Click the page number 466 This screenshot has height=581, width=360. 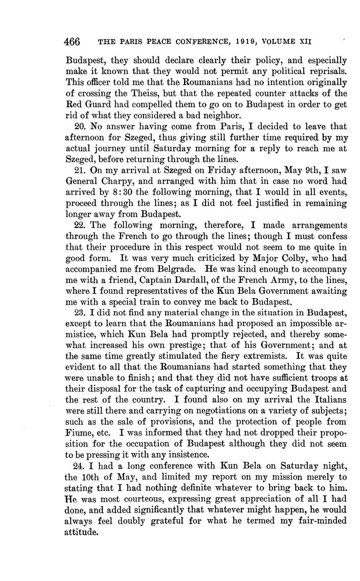[72, 42]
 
